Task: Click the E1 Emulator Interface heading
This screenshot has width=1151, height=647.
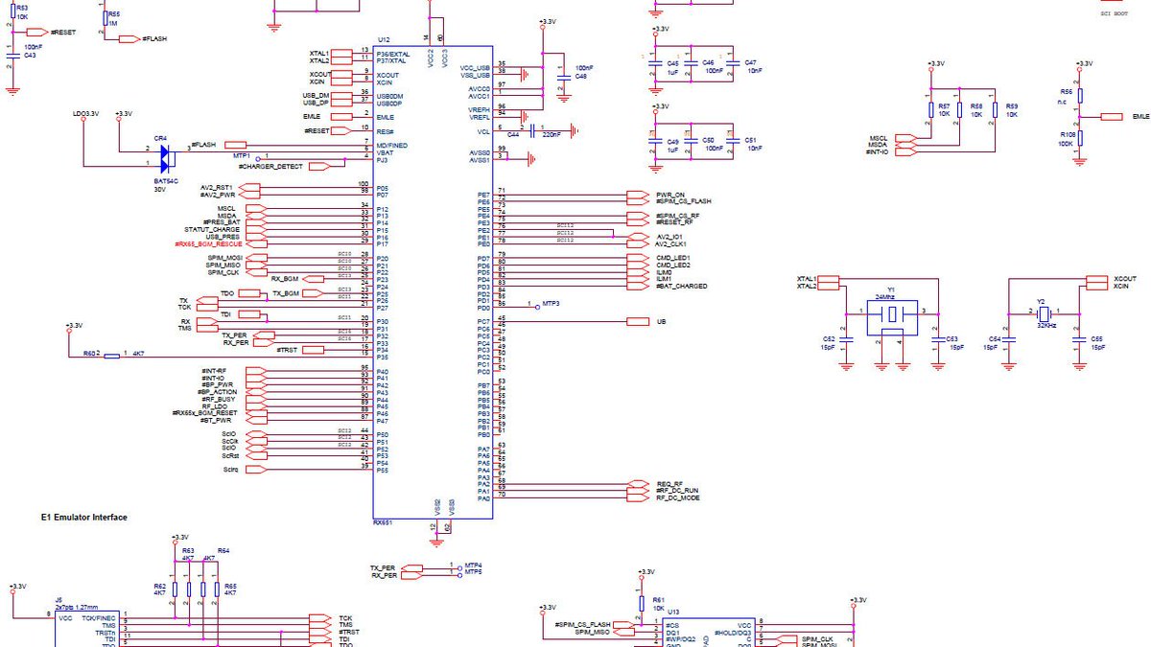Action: (x=83, y=517)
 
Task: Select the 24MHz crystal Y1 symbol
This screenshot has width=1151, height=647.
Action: (x=891, y=313)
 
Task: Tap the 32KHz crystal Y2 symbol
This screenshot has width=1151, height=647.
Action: (x=1043, y=312)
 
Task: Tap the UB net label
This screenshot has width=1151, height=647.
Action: (x=661, y=322)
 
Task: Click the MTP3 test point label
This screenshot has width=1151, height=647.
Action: (x=551, y=303)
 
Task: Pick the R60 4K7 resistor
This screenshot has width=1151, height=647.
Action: (x=112, y=355)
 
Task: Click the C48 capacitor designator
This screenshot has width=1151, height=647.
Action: (x=580, y=77)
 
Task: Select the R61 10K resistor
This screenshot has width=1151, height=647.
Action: (x=643, y=603)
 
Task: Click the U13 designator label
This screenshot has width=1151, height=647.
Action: (x=673, y=612)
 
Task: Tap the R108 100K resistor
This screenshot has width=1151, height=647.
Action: (x=1080, y=140)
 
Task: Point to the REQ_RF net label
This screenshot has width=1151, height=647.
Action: (x=669, y=484)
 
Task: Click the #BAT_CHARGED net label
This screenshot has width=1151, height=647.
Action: (x=682, y=287)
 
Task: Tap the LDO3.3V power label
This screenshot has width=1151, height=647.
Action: (x=85, y=114)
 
